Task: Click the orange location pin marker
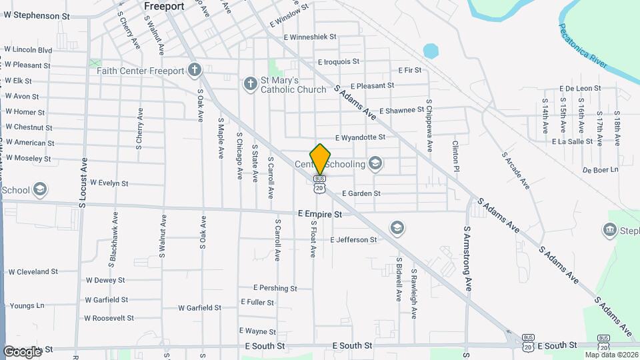[x=321, y=159]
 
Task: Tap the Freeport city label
[x=165, y=5]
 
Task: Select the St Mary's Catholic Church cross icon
[x=250, y=84]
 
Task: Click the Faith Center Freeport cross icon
[x=194, y=70]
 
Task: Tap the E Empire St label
[x=320, y=215]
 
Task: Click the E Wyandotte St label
[x=360, y=137]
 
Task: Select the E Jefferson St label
[x=354, y=239]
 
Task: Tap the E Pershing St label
[x=275, y=288]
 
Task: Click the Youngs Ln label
[x=27, y=306]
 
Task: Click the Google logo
[x=22, y=351]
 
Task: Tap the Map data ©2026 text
[x=611, y=355]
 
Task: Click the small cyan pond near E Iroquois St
[x=431, y=51]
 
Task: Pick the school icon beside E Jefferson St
[x=397, y=229]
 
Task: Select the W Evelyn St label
[x=109, y=182]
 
